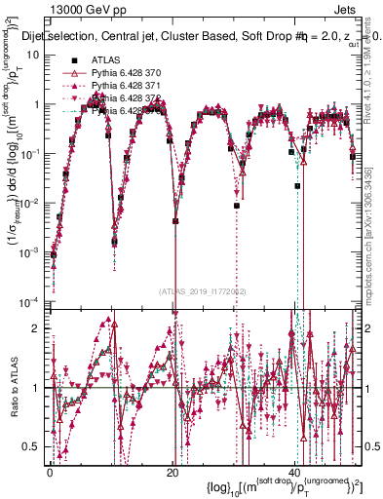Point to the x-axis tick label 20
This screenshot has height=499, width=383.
point(172,472)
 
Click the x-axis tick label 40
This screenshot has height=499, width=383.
point(294,472)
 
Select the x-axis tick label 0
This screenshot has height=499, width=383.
point(49,472)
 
